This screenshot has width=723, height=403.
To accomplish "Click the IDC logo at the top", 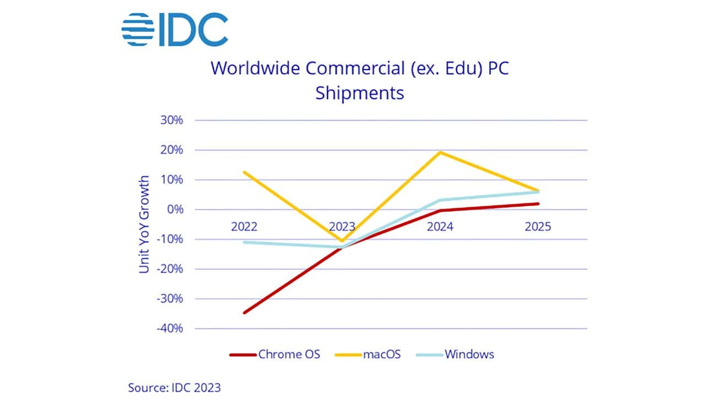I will click(175, 30).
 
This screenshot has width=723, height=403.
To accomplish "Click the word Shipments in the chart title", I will click(359, 93).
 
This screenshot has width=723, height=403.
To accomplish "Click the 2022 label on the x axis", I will click(244, 227).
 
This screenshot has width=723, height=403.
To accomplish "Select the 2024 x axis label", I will click(440, 227).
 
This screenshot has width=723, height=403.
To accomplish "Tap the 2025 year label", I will click(538, 227).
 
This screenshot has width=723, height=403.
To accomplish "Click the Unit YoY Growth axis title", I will click(144, 224).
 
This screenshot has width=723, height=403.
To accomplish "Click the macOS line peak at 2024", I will click(440, 152).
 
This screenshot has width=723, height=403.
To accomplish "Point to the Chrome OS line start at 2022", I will click(244, 313).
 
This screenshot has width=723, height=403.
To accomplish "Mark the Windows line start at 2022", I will click(244, 242).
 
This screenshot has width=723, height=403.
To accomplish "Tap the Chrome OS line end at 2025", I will click(538, 203).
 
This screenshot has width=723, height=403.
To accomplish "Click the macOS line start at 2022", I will click(244, 172).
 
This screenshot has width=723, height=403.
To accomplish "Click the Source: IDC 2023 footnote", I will click(174, 388).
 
